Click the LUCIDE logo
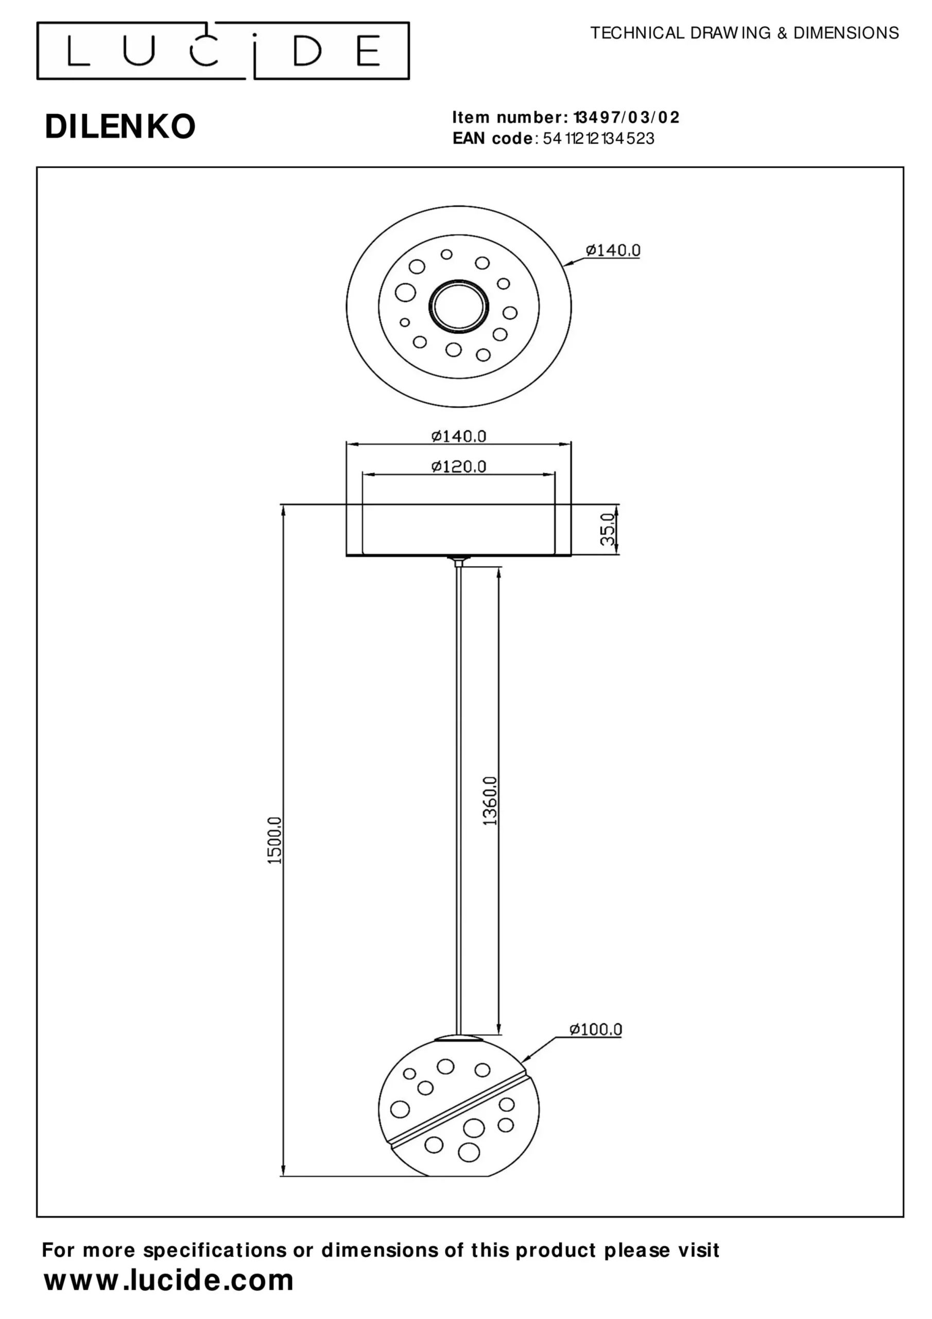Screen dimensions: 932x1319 click(223, 50)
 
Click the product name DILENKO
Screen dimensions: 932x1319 click(120, 126)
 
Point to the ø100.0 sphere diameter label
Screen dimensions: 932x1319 click(595, 1029)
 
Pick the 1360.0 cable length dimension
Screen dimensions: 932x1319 click(490, 800)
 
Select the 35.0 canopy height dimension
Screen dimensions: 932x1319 click(608, 530)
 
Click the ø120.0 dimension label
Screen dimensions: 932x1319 click(459, 466)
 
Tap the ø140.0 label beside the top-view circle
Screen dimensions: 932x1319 click(613, 250)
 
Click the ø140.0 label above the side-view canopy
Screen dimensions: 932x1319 click(459, 436)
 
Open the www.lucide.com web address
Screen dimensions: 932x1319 click(169, 1280)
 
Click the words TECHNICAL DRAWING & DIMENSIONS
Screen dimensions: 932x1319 click(744, 33)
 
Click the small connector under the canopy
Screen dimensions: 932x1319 click(458, 561)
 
